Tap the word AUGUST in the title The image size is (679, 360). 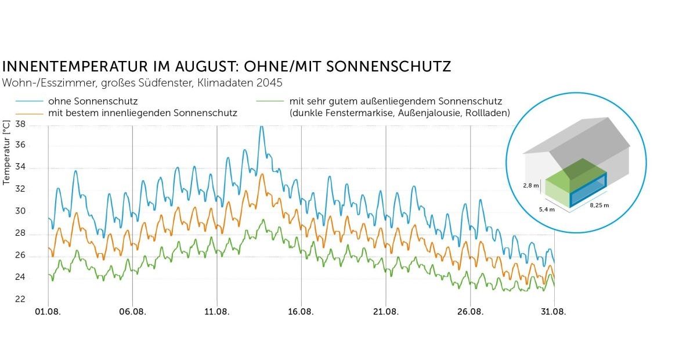coord(180,66)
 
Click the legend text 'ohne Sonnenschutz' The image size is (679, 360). coord(93,101)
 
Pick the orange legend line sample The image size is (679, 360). coord(23,113)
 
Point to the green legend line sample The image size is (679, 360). coord(269,101)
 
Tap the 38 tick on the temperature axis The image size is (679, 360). coord(20,124)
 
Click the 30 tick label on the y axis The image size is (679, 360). coord(20,211)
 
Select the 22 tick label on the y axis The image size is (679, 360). coord(20,299)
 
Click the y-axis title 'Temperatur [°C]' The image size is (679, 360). coord(6,153)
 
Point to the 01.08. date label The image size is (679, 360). coord(48,312)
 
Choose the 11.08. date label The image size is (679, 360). coord(217,312)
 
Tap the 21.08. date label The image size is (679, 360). coord(386,312)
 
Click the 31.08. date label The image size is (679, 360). coord(554,312)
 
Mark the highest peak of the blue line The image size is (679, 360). coord(261,127)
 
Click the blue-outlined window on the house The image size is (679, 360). coord(588,190)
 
